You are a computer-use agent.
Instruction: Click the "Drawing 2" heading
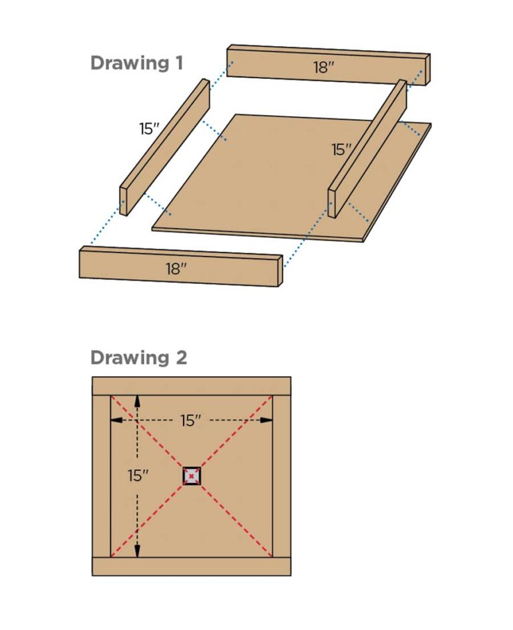point(138,357)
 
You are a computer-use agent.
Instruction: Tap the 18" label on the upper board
point(323,67)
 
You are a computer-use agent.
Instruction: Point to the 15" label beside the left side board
point(149,129)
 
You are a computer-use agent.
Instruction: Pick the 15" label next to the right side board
point(341,150)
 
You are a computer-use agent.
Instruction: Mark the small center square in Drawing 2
point(192,476)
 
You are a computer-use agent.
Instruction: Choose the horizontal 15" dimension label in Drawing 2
point(191,420)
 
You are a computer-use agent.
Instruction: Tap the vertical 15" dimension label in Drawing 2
point(139,476)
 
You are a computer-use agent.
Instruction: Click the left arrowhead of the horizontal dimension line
point(115,420)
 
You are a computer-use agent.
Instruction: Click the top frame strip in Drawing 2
point(191,386)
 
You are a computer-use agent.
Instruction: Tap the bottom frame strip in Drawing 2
point(191,566)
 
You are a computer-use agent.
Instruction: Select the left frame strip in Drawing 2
point(101,476)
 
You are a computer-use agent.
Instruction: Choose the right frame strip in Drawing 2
point(281,476)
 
